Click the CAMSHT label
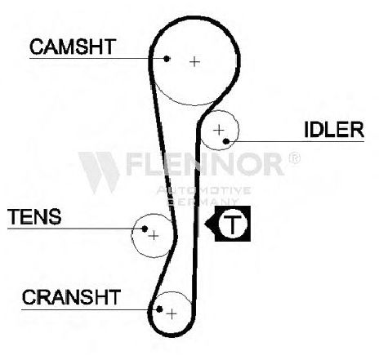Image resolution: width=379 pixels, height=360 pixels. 73,47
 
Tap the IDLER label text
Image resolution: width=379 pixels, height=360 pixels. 334,130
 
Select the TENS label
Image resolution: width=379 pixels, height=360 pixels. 34,216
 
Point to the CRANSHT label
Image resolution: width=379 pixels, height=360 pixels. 71,297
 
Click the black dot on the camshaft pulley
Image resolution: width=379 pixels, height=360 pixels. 167,59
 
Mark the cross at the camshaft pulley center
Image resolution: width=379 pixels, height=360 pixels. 194,62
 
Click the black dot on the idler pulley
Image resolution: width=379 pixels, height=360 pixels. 226,141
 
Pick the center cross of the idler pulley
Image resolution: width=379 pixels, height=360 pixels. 219,131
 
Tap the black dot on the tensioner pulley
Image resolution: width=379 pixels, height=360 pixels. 145,229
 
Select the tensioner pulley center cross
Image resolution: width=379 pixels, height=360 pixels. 154,236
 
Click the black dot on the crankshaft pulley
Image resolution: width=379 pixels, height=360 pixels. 159,309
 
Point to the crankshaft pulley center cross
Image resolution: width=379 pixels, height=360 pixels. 172,314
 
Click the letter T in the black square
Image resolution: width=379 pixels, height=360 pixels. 233,224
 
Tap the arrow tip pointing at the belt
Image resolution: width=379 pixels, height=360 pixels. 205,224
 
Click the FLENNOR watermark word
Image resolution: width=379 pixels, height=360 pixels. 205,164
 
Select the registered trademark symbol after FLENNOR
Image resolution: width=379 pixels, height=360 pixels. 294,158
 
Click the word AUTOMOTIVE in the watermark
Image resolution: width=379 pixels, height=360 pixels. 203,190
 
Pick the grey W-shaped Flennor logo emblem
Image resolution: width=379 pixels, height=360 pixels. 99,172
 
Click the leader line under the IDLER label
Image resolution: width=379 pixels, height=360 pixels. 297,141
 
